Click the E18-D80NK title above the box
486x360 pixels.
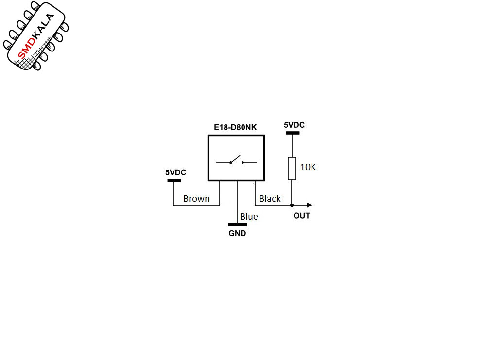coord(235,127)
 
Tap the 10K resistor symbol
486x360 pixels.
coord(292,169)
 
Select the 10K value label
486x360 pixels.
coord(308,167)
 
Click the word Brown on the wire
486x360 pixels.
coord(196,198)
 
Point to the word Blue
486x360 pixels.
coord(249,216)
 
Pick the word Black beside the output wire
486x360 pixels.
coord(270,198)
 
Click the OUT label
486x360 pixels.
coord(302,216)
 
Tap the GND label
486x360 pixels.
coord(237,233)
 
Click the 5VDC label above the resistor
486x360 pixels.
coord(294,125)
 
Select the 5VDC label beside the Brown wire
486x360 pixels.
coord(175,172)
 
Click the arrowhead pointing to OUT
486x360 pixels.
coord(309,205)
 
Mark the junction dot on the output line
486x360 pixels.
coord(292,205)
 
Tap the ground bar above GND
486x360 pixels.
coord(238,224)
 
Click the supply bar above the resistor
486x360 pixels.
coord(293,133)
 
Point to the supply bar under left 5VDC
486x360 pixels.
coord(174,180)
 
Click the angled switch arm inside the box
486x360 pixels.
coord(235,159)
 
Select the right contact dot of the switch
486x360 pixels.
coord(243,162)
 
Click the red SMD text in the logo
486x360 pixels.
coord(25,50)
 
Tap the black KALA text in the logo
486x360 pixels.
coord(44,26)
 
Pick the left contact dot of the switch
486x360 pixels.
coord(230,163)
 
